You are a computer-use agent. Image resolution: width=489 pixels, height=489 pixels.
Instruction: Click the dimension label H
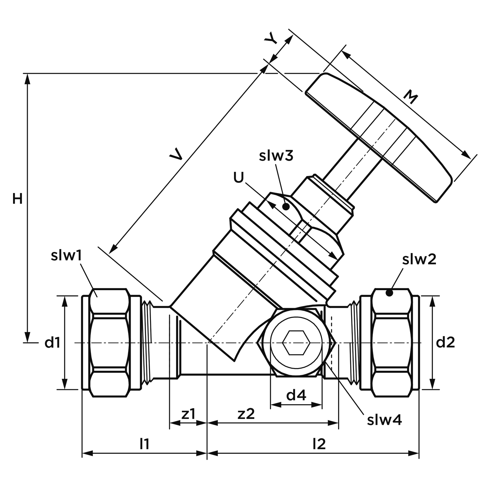(18, 199)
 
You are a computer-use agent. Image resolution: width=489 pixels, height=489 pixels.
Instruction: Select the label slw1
(66, 256)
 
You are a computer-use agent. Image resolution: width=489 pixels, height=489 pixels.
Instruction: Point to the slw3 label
(276, 156)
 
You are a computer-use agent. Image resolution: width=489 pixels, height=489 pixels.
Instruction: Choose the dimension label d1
(52, 342)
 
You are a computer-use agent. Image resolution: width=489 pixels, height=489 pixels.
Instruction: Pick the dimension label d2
(445, 342)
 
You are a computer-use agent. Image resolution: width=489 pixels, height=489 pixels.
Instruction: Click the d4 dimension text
(296, 395)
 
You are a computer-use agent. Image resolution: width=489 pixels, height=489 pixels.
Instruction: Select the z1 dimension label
(188, 414)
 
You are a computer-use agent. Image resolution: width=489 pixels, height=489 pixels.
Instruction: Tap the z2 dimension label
(246, 414)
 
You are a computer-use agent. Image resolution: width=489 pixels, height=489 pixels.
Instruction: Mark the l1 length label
(144, 444)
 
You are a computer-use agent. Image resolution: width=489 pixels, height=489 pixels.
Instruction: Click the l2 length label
(319, 444)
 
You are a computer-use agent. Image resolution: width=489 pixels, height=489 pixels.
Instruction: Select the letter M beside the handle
(410, 97)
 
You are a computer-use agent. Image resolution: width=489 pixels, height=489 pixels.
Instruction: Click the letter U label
(239, 178)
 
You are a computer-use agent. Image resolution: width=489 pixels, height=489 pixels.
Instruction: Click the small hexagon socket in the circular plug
(295, 343)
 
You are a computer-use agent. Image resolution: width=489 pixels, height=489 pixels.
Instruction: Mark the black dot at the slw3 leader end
(286, 207)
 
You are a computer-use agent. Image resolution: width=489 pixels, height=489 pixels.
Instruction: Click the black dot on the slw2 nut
(389, 293)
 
